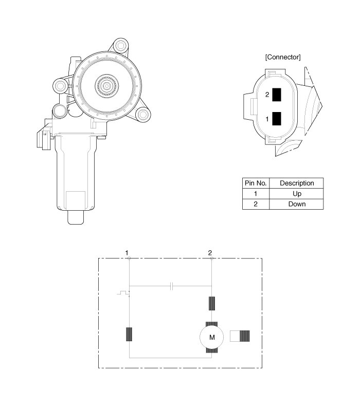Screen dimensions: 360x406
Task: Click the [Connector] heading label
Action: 283,57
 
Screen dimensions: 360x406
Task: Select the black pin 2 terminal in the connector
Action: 277,95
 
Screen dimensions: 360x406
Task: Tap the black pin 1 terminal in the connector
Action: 277,119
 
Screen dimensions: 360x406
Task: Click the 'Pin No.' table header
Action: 256,183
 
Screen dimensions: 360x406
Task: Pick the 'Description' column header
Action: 297,183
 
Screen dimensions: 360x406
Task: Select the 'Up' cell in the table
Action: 297,194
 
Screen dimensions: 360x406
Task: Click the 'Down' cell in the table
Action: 297,204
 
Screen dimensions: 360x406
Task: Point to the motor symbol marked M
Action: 212,337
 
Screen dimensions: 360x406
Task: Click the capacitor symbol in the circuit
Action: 171,286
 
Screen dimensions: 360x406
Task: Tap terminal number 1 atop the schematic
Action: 127,253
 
